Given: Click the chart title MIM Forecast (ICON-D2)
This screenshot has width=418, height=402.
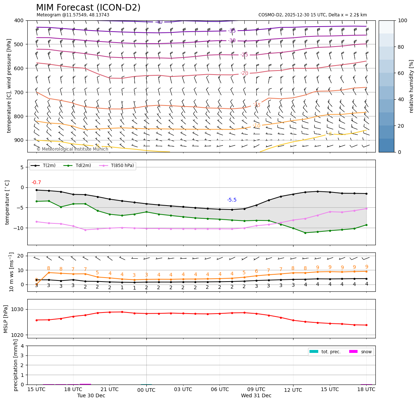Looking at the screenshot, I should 88,8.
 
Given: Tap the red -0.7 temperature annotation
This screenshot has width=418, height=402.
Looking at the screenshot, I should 36,183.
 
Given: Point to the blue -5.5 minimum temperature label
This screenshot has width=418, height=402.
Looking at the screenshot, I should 232,200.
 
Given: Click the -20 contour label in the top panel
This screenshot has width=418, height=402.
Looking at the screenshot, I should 244,73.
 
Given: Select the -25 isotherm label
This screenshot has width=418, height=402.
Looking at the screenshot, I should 244,55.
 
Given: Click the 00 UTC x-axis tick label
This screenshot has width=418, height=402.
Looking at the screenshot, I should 146,390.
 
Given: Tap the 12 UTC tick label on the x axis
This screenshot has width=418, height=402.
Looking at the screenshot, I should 293,390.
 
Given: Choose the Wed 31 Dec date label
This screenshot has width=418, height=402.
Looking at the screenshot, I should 256,395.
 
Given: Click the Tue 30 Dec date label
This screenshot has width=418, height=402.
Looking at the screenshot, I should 91,395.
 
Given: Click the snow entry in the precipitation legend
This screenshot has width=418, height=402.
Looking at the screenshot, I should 366,352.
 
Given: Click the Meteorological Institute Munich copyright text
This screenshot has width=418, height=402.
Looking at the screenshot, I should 72,149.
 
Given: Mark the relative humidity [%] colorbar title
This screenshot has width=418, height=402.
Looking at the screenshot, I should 411,86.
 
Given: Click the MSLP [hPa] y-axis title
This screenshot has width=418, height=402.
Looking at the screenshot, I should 6,319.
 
